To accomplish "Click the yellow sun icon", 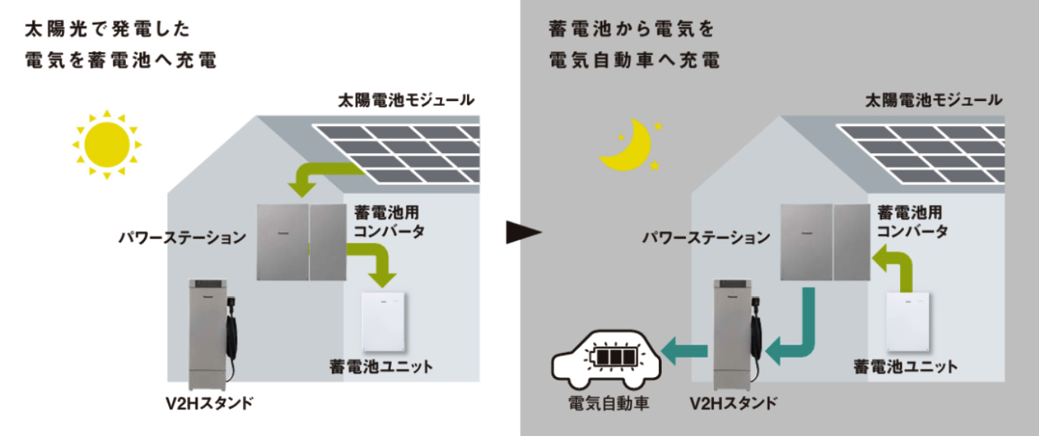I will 106,144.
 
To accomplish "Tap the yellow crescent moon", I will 624,147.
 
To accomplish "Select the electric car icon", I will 606,358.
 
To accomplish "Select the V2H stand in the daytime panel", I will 209,332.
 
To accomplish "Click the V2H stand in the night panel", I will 733,332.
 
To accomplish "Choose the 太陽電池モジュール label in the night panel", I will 933,100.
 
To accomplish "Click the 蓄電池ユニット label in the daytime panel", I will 381,367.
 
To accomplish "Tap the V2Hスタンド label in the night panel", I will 733,403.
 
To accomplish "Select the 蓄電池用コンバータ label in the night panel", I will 911,223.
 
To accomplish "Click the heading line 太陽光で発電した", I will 107,30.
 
